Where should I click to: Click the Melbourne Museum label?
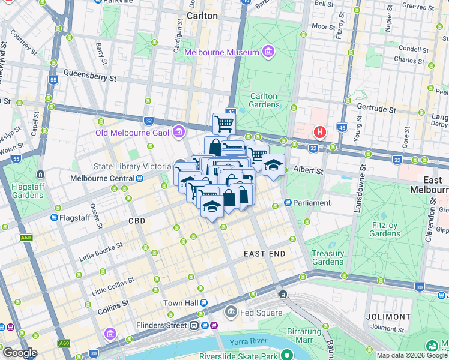[x=221, y=52]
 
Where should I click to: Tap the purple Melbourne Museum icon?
[x=268, y=52]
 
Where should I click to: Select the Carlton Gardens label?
[x=264, y=100]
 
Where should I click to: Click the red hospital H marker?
[x=320, y=132]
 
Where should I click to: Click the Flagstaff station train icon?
[x=55, y=217]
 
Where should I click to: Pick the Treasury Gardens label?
[x=328, y=257]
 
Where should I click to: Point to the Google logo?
[x=19, y=353]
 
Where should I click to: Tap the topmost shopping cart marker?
[x=224, y=124]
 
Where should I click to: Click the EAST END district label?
[x=264, y=254]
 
